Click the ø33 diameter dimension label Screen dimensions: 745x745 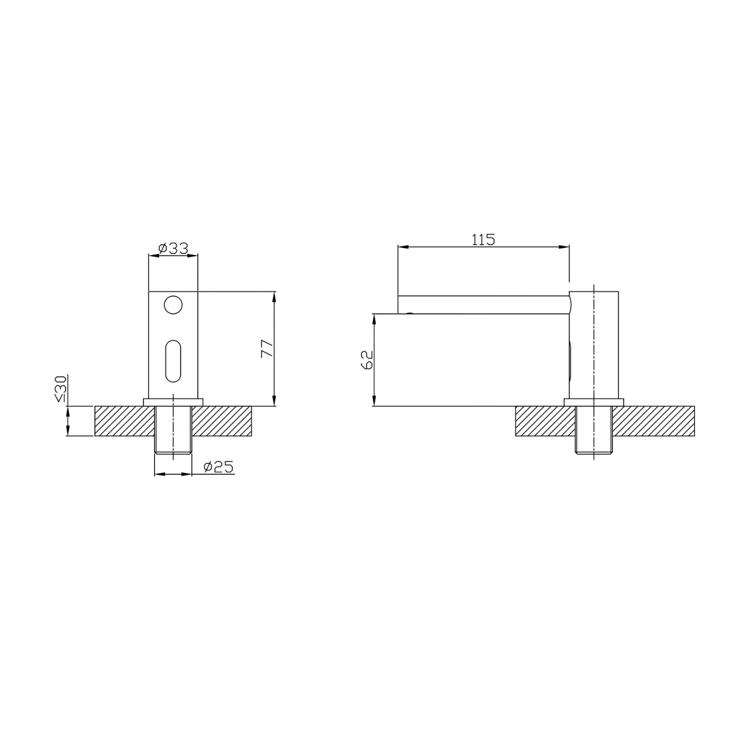173,248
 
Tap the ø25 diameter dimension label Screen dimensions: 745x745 219,467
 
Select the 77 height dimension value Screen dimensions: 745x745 267,349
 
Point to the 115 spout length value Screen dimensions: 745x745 483,240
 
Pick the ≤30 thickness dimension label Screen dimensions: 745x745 61,389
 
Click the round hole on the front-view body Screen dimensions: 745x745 173,305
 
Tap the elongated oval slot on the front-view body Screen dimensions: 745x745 173,361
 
